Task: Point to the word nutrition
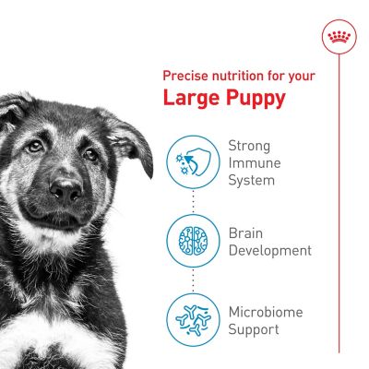click(x=242, y=75)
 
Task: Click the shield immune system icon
click(x=194, y=162)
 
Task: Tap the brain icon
click(x=194, y=241)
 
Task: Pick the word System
click(x=252, y=181)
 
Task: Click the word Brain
click(x=246, y=232)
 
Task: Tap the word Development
click(x=269, y=250)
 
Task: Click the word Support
click(x=254, y=329)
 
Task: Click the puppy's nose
click(x=65, y=190)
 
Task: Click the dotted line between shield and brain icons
click(x=194, y=201)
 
